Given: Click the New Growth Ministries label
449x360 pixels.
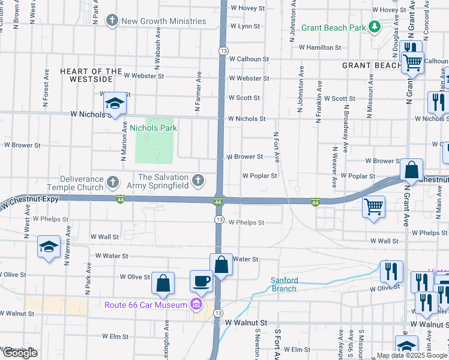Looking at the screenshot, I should [x=163, y=22].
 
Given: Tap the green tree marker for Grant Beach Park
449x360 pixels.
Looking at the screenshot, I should [x=375, y=27].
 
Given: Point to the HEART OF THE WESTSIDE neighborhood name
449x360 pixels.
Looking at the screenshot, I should [x=86, y=75].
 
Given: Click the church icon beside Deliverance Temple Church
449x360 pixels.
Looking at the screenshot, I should [x=112, y=181].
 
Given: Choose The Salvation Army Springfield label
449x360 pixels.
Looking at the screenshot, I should [x=163, y=181].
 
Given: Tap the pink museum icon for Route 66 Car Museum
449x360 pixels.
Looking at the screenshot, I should [x=196, y=305].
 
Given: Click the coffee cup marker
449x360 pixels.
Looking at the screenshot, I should [x=201, y=280].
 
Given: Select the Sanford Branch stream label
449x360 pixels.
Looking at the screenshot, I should [x=283, y=284].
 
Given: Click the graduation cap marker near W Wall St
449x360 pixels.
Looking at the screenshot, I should [x=49, y=247].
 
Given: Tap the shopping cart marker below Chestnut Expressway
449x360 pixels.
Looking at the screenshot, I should [x=374, y=207].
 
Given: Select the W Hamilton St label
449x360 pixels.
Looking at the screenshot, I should [x=320, y=47].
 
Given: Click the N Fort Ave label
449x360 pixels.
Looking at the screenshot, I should [x=276, y=147].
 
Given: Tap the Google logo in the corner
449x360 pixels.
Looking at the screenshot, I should [x=20, y=353].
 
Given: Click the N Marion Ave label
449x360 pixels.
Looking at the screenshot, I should [x=124, y=141].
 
